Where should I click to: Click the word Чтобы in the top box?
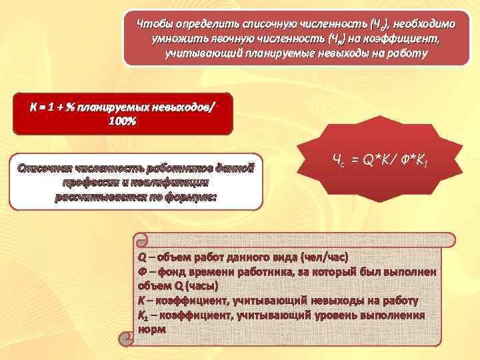point(152,24)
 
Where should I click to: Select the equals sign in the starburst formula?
point(355,160)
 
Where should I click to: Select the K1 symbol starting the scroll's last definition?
point(143,315)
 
